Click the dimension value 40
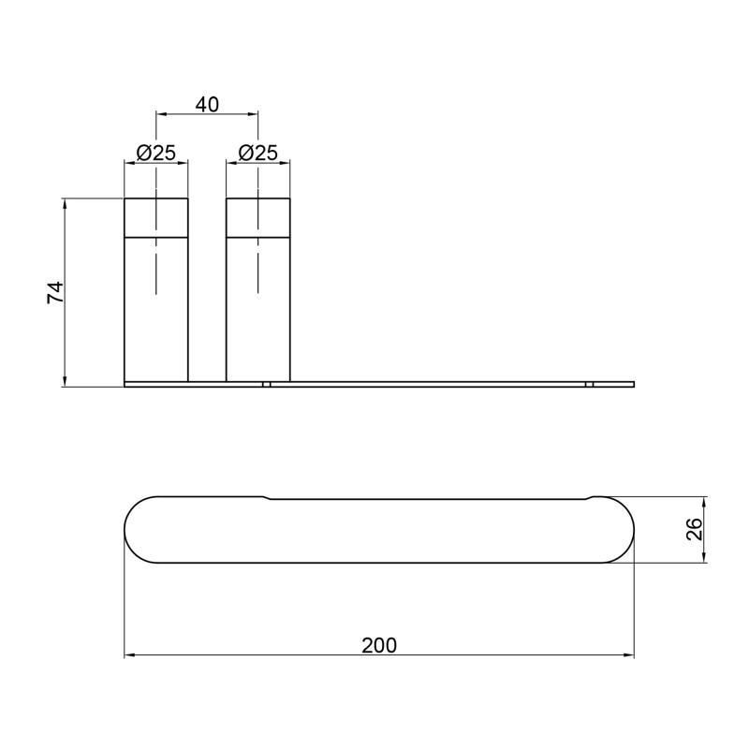(x=207, y=105)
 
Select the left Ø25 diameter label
(x=156, y=153)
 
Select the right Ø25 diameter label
(x=258, y=153)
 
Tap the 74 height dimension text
(x=55, y=292)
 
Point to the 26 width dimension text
(x=694, y=529)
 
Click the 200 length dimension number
(x=379, y=645)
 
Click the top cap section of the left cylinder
(x=156, y=218)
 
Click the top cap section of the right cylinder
(x=258, y=218)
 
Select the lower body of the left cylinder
(x=156, y=310)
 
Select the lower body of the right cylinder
(x=258, y=310)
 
